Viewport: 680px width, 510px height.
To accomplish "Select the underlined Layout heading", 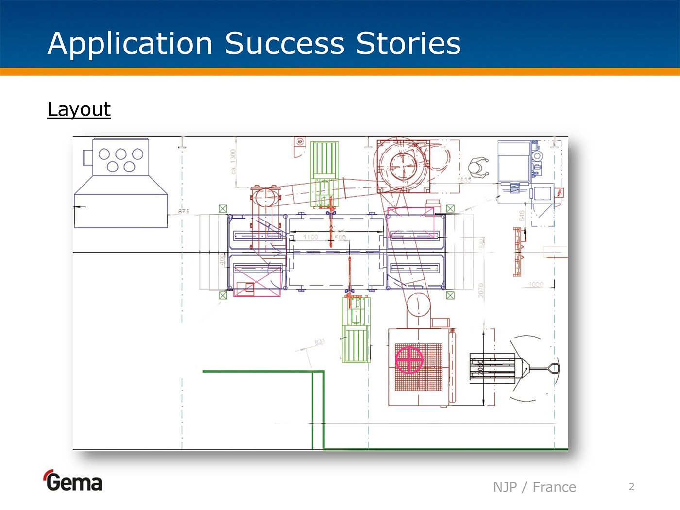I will tap(79, 109).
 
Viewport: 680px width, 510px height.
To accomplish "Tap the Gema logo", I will tap(73, 481).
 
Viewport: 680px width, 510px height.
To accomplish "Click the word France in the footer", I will tap(554, 487).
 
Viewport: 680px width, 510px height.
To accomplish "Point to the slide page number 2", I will tap(631, 486).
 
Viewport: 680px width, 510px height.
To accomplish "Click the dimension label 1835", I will tap(464, 180).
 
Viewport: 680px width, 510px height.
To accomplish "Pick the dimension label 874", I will tap(184, 211).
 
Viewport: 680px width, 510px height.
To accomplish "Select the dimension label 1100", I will tap(310, 237).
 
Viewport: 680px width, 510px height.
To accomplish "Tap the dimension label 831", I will tap(319, 342).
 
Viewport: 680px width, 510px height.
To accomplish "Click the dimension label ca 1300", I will tap(233, 162).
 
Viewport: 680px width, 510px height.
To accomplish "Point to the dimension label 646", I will tap(522, 216).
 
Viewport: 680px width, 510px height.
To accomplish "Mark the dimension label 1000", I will tap(536, 284).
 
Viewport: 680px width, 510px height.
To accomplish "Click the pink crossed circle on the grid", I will tap(409, 359).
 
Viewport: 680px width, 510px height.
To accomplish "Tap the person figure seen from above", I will tap(478, 168).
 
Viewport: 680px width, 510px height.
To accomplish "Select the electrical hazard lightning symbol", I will tap(560, 193).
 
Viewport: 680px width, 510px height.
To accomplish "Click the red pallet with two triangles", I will tap(518, 252).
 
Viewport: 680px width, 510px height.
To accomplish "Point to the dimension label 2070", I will tap(481, 290).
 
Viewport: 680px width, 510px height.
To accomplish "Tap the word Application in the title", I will tap(130, 44).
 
